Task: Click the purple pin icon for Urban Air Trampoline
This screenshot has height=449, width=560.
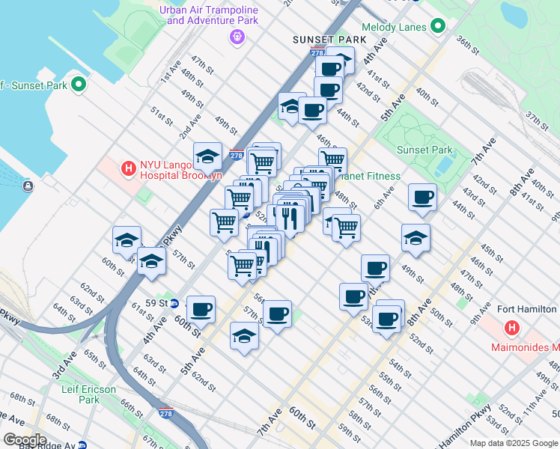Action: pyautogui.click(x=237, y=37)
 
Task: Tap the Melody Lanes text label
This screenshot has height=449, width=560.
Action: pyautogui.click(x=394, y=27)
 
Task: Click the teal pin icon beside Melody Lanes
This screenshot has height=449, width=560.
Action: pyautogui.click(x=438, y=27)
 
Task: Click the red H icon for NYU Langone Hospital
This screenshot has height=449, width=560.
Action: pyautogui.click(x=128, y=169)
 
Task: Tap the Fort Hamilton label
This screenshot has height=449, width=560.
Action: pyautogui.click(x=527, y=309)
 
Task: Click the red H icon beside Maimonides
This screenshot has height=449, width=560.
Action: pyautogui.click(x=512, y=328)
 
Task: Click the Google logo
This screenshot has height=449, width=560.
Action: pyautogui.click(x=24, y=439)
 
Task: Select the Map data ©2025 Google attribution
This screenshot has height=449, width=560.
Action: pyautogui.click(x=513, y=443)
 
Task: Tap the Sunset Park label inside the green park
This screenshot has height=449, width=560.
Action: pyautogui.click(x=424, y=150)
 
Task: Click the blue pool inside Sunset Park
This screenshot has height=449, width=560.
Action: pyautogui.click(x=444, y=165)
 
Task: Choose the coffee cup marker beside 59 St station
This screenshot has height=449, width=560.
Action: pyautogui.click(x=201, y=308)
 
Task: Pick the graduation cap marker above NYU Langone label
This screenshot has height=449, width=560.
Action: pyautogui.click(x=207, y=156)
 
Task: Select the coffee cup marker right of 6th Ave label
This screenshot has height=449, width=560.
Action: pyautogui.click(x=422, y=198)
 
